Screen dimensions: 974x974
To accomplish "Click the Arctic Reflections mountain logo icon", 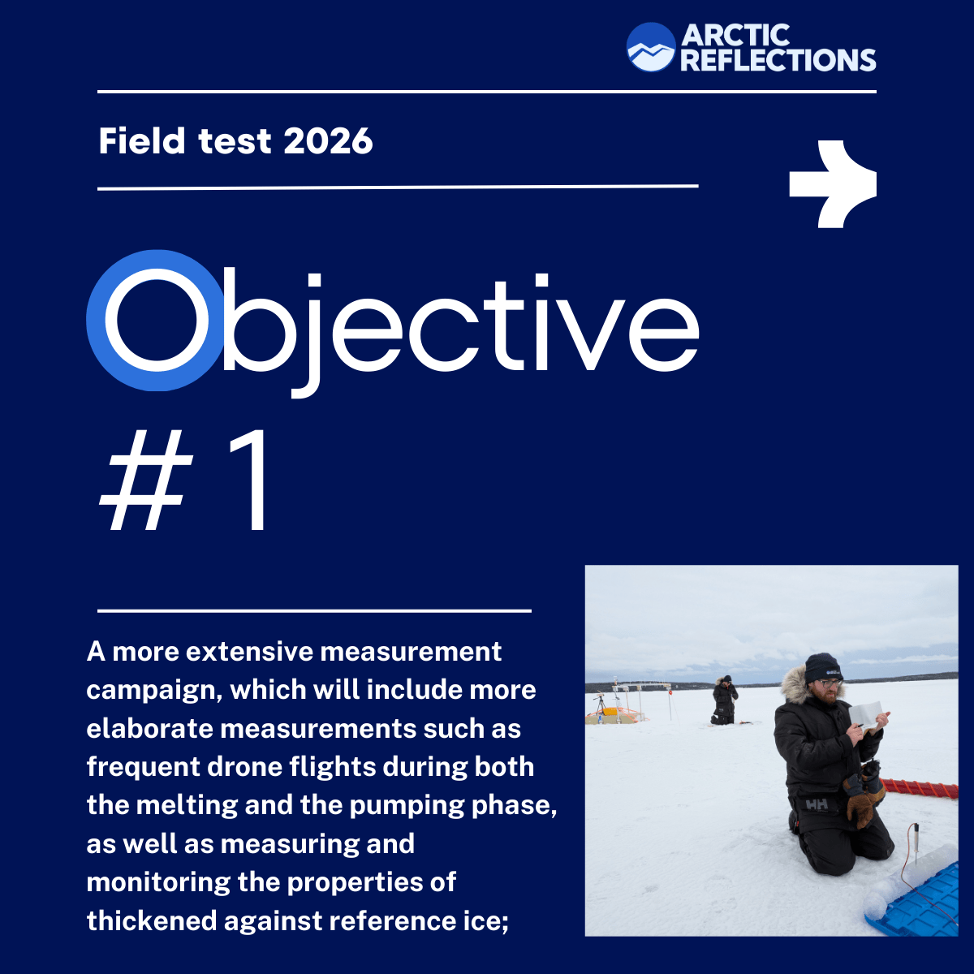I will pos(651,47).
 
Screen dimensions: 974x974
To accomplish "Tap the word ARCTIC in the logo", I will pos(735,36).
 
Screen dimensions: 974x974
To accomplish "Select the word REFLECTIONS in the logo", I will pos(778,60).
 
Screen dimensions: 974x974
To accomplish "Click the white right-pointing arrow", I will pos(832,183).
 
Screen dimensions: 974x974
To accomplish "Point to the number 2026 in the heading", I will pos(328,141).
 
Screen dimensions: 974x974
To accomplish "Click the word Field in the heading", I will pos(142,141).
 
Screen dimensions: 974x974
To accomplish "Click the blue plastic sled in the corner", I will pos(921,901).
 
